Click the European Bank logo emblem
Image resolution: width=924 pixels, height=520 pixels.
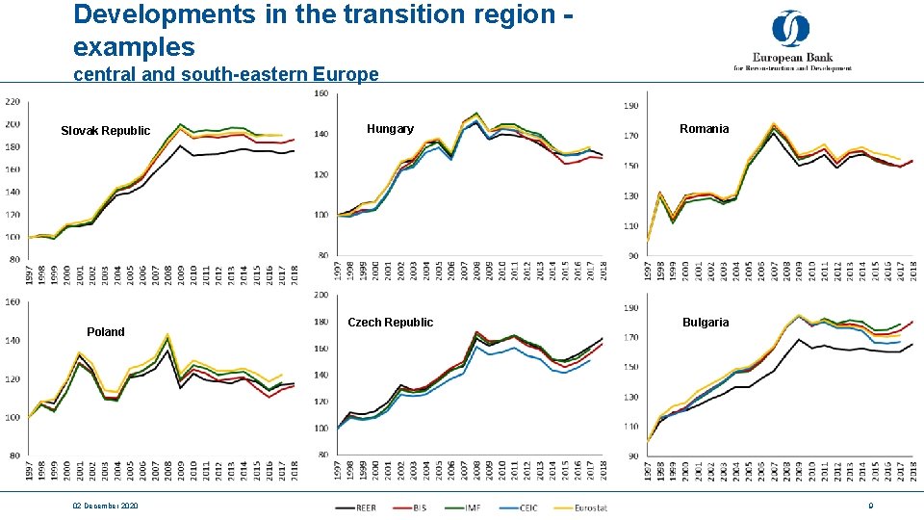790,30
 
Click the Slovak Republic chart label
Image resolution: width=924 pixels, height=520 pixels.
105,131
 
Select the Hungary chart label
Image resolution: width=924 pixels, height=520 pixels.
390,129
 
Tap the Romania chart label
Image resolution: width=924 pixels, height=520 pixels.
704,129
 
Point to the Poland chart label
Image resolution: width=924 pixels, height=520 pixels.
105,332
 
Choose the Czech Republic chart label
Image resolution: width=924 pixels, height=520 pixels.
390,323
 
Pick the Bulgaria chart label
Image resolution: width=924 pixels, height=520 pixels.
706,323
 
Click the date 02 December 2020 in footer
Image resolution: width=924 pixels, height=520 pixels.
103,507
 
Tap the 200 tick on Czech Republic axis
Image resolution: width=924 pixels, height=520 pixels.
321,295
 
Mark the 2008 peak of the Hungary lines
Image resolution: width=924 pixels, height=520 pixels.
476,114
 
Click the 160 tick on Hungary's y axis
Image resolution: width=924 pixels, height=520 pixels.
321,93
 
